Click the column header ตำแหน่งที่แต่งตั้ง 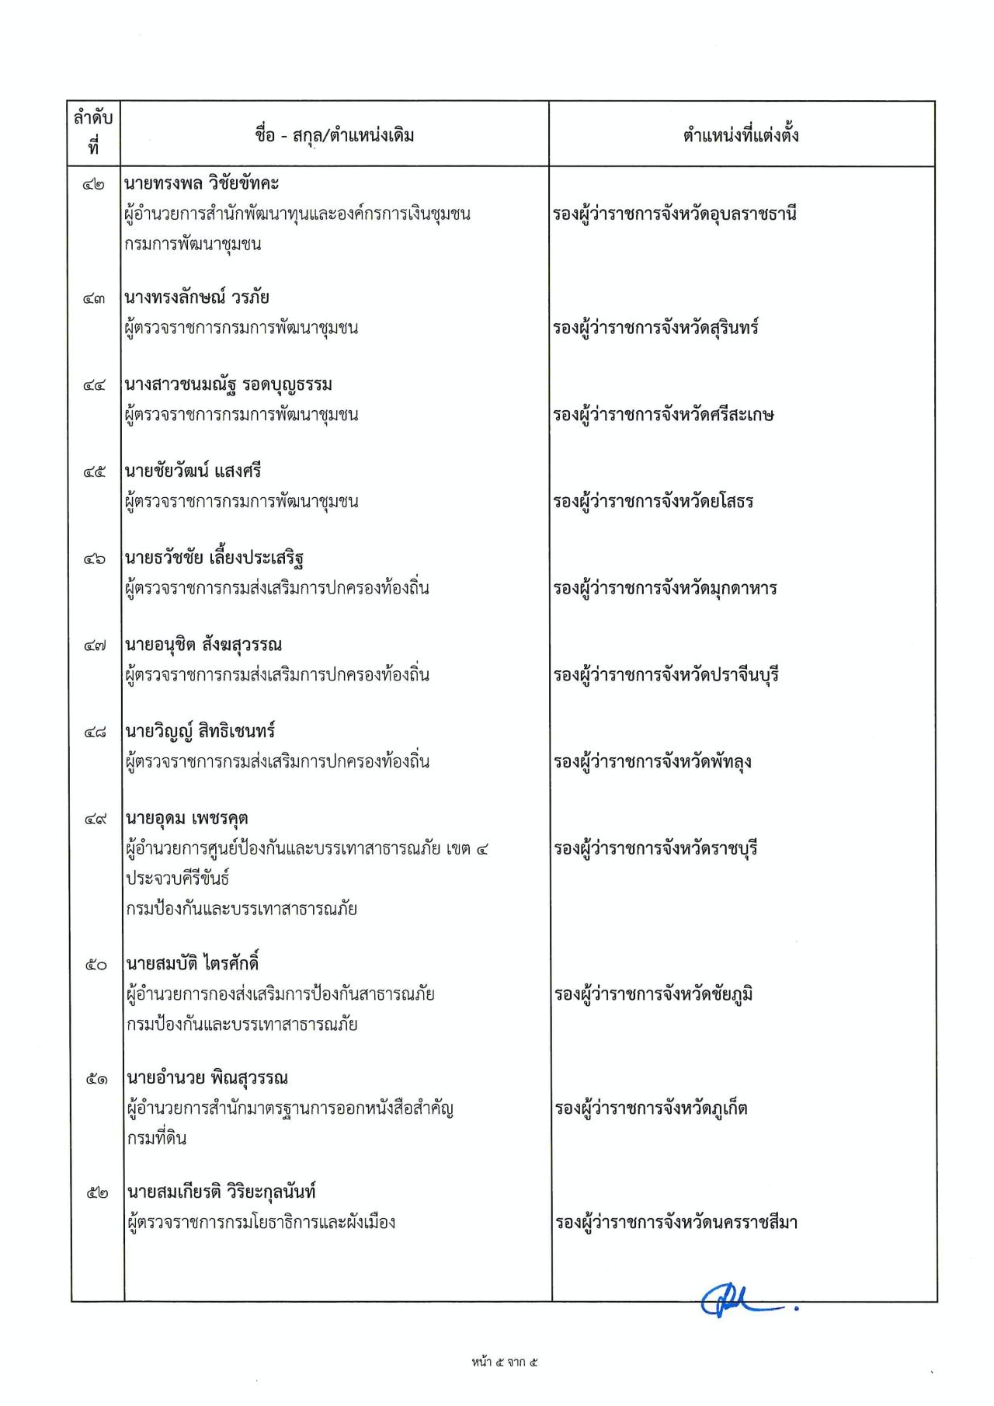coord(741,136)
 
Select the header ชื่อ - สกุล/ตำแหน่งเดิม coord(335,136)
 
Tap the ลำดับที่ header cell coord(94,133)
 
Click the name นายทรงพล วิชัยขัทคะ coord(202,184)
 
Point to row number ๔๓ coord(94,298)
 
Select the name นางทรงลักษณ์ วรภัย coord(197,298)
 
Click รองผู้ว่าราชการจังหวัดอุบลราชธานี coord(675,214)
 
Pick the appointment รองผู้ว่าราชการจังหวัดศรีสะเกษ coord(664,415)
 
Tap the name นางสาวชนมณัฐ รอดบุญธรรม coord(228,385)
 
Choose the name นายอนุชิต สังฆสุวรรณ coord(203,645)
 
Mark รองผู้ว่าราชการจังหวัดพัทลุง coord(652,762)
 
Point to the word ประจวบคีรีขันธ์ coord(178,879)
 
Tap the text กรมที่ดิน coord(155,1139)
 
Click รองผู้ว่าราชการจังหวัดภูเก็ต coord(651,1108)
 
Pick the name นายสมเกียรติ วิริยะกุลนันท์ coord(221,1192)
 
